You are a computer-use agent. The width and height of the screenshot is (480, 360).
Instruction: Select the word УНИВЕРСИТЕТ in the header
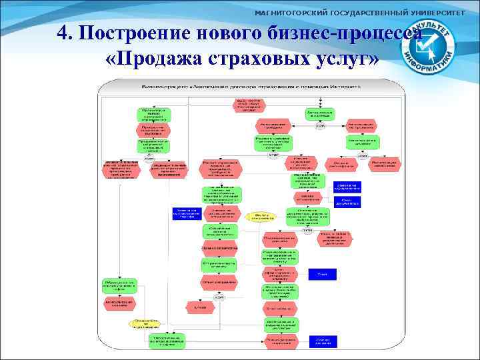click(x=437, y=13)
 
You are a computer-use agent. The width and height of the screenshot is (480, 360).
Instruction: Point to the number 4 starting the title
click(x=61, y=33)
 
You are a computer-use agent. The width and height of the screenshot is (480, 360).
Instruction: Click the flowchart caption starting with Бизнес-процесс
click(x=250, y=87)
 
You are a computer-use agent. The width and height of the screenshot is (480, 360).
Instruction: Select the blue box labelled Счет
click(x=322, y=274)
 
